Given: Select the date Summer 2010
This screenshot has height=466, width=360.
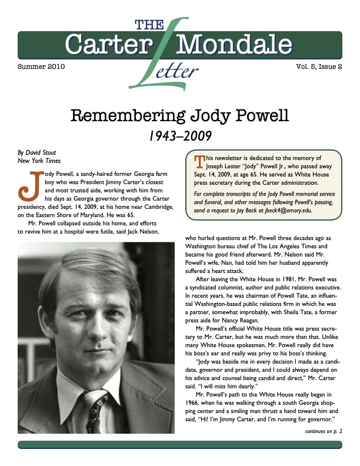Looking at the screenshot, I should tap(42, 67).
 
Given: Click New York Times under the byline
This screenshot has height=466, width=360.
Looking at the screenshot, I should tap(39, 161).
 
